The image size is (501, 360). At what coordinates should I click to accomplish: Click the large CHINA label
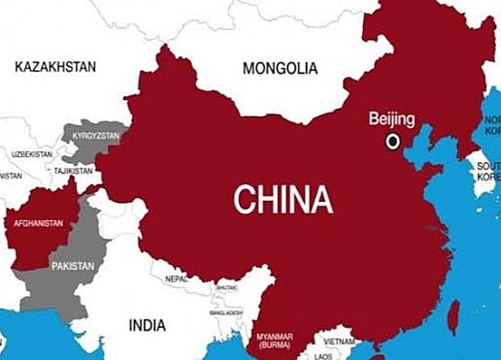(283, 199)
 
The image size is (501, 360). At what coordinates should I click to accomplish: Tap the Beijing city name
(391, 119)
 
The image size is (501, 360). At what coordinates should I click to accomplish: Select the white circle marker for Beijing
(393, 141)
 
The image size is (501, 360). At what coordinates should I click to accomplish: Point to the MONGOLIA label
(279, 69)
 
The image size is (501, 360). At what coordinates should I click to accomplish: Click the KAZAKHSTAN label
(55, 66)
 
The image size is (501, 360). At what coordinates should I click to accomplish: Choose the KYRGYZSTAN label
(97, 135)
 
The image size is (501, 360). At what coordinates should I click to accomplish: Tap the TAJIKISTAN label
(73, 171)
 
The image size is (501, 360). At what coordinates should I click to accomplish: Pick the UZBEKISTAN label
(32, 154)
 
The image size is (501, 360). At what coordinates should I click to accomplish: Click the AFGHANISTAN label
(38, 223)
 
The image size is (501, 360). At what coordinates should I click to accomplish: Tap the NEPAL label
(176, 278)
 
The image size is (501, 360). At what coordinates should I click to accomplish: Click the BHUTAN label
(225, 287)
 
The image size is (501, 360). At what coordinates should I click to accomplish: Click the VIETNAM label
(338, 342)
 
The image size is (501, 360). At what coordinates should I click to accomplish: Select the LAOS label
(322, 356)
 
